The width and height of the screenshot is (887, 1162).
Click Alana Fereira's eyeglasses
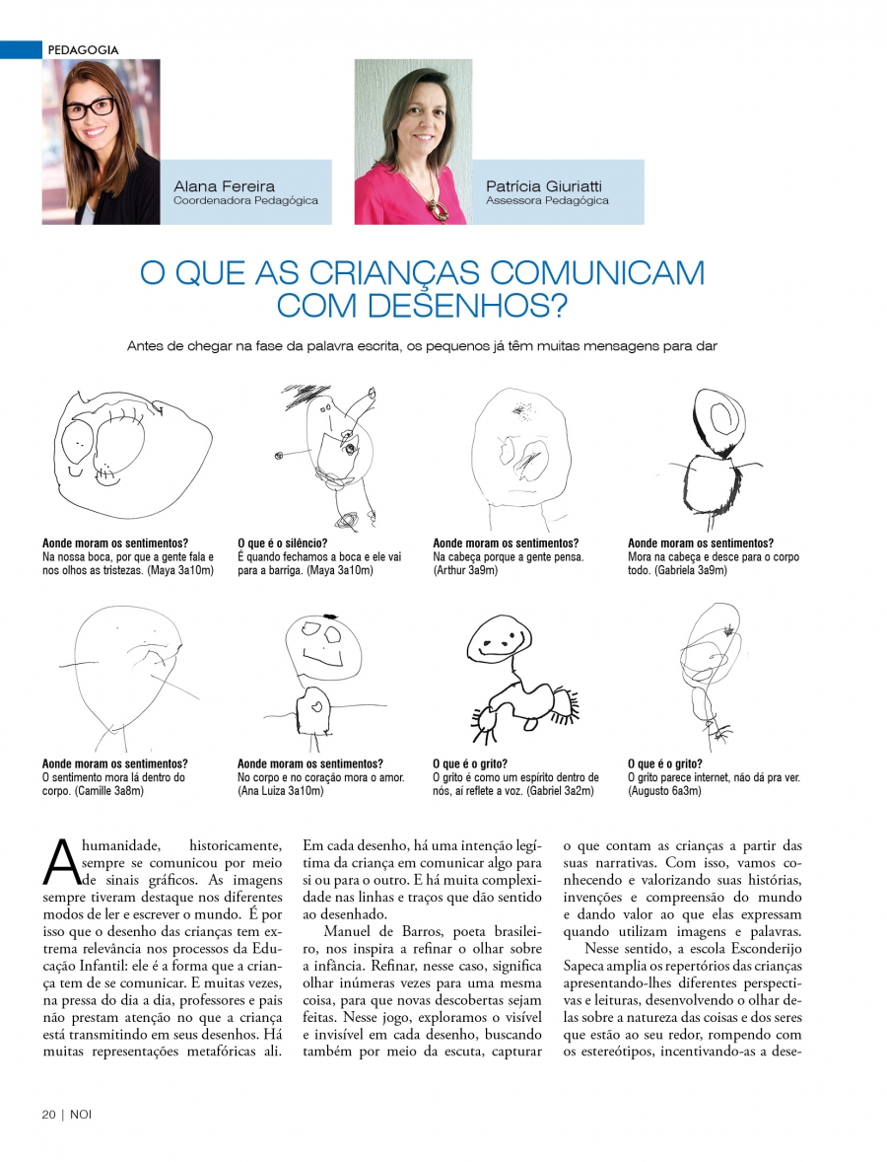pos(92,107)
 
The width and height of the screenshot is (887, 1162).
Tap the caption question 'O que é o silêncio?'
pos(283,544)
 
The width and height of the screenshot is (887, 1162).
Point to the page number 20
pos(48,1114)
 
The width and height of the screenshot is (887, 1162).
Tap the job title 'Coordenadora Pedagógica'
pos(245,200)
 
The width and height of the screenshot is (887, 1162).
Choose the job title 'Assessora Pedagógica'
pos(547,200)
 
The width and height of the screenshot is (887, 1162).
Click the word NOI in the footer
pos(81,1114)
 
